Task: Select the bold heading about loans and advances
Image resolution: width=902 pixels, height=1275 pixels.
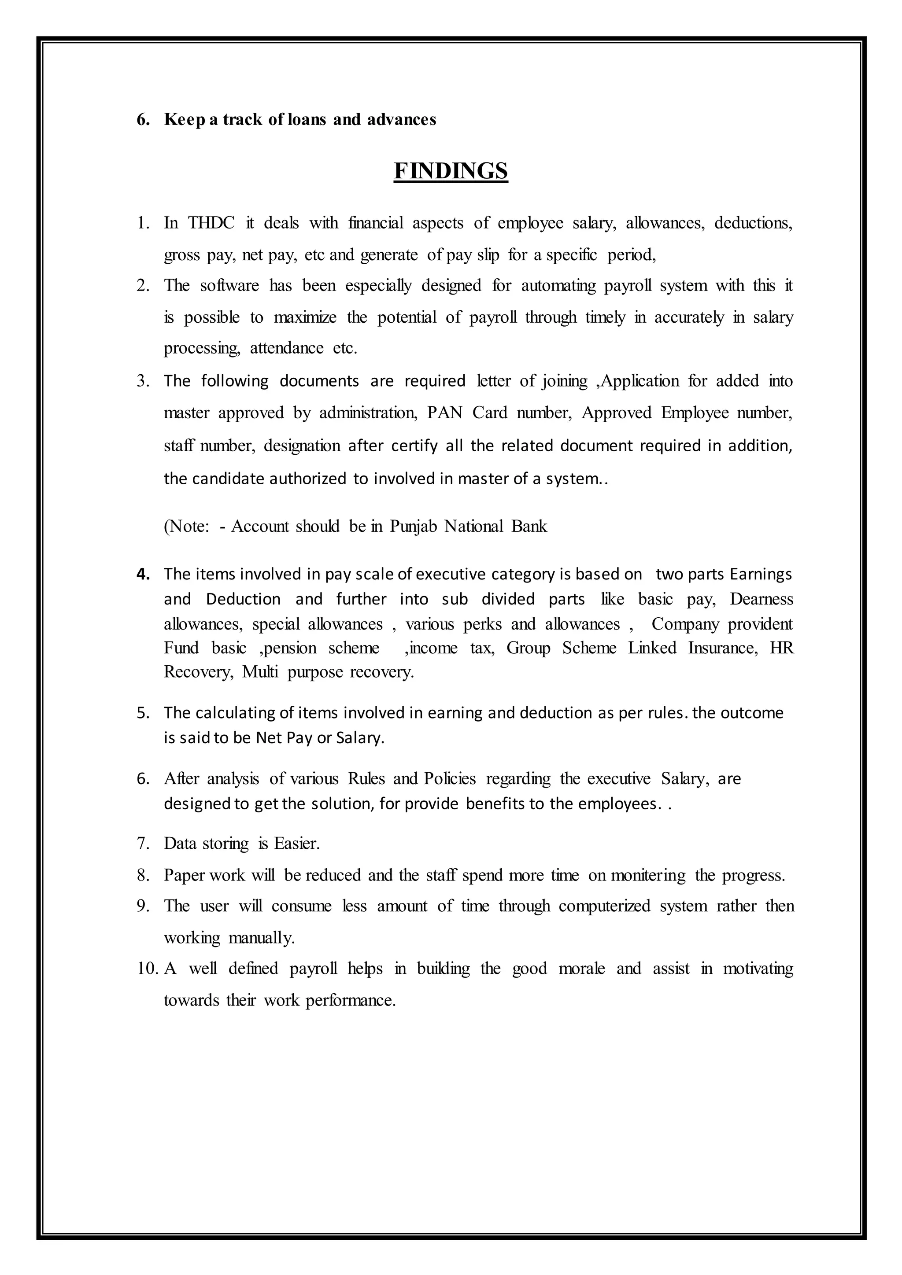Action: coord(300,119)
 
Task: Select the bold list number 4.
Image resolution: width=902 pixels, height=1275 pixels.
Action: coord(143,574)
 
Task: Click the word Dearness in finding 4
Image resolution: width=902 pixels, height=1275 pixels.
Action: coord(761,599)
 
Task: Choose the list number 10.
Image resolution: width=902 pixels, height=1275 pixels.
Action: coord(147,969)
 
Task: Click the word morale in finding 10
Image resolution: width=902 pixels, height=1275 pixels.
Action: coord(581,969)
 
